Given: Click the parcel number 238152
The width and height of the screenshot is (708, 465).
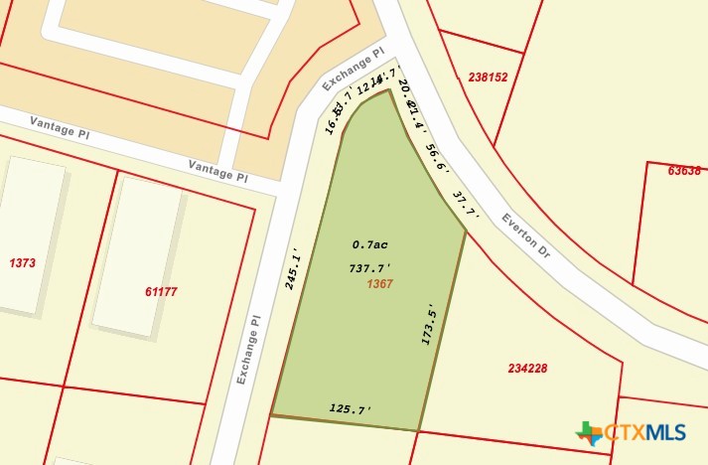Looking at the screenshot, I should [x=488, y=77].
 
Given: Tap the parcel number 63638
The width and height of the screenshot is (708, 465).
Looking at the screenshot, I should [x=684, y=170].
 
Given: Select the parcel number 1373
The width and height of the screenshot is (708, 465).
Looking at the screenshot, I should [x=22, y=263].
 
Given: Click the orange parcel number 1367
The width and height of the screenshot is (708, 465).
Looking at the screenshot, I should [x=380, y=284].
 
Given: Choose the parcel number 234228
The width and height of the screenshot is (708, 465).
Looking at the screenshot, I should [x=527, y=368].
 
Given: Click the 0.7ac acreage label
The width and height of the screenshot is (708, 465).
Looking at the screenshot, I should [x=368, y=244].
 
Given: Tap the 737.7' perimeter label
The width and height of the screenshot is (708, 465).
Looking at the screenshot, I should [x=369, y=268].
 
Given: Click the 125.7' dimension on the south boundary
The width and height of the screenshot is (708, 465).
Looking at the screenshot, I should [x=350, y=409].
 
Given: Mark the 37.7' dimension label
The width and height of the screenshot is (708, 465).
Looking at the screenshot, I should [x=465, y=205].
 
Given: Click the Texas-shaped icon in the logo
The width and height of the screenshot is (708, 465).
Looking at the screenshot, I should [x=589, y=433].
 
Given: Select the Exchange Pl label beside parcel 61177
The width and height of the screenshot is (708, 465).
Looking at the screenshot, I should [x=249, y=344].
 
